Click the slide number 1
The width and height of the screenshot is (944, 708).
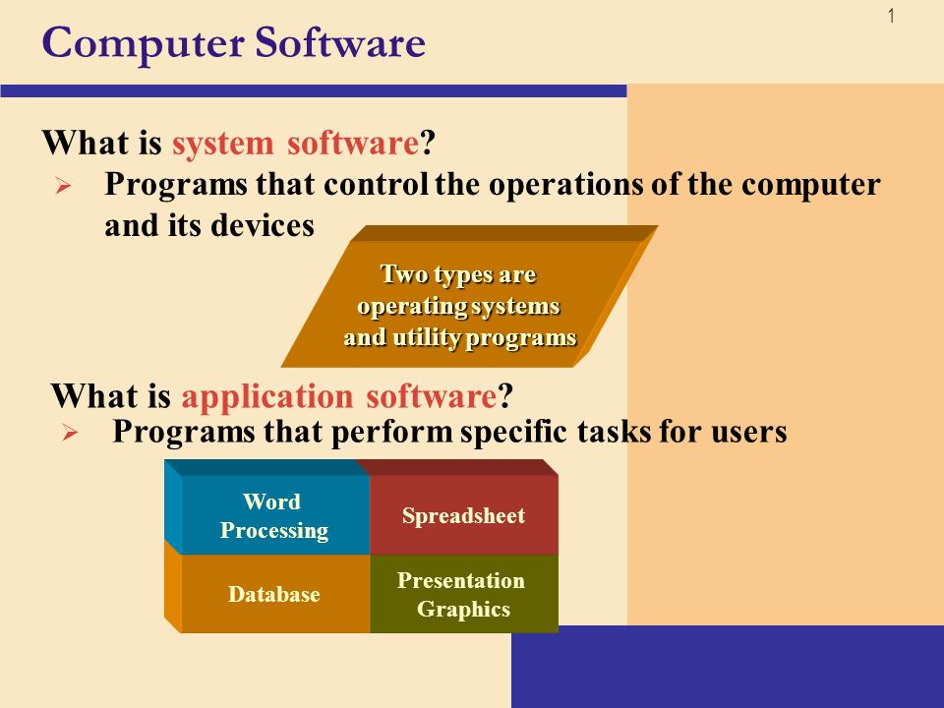[x=892, y=17]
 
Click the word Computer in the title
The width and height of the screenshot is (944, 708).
[x=144, y=44]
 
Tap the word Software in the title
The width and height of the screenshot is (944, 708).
[x=340, y=42]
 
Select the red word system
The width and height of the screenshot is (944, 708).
[x=223, y=145]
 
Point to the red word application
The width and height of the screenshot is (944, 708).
[x=266, y=397]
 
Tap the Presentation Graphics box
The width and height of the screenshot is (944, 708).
[x=463, y=594]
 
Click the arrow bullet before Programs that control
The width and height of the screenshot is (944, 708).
[x=63, y=186]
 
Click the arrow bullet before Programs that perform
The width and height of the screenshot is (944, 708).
[x=70, y=433]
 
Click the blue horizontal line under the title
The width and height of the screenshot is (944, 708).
[x=313, y=90]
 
